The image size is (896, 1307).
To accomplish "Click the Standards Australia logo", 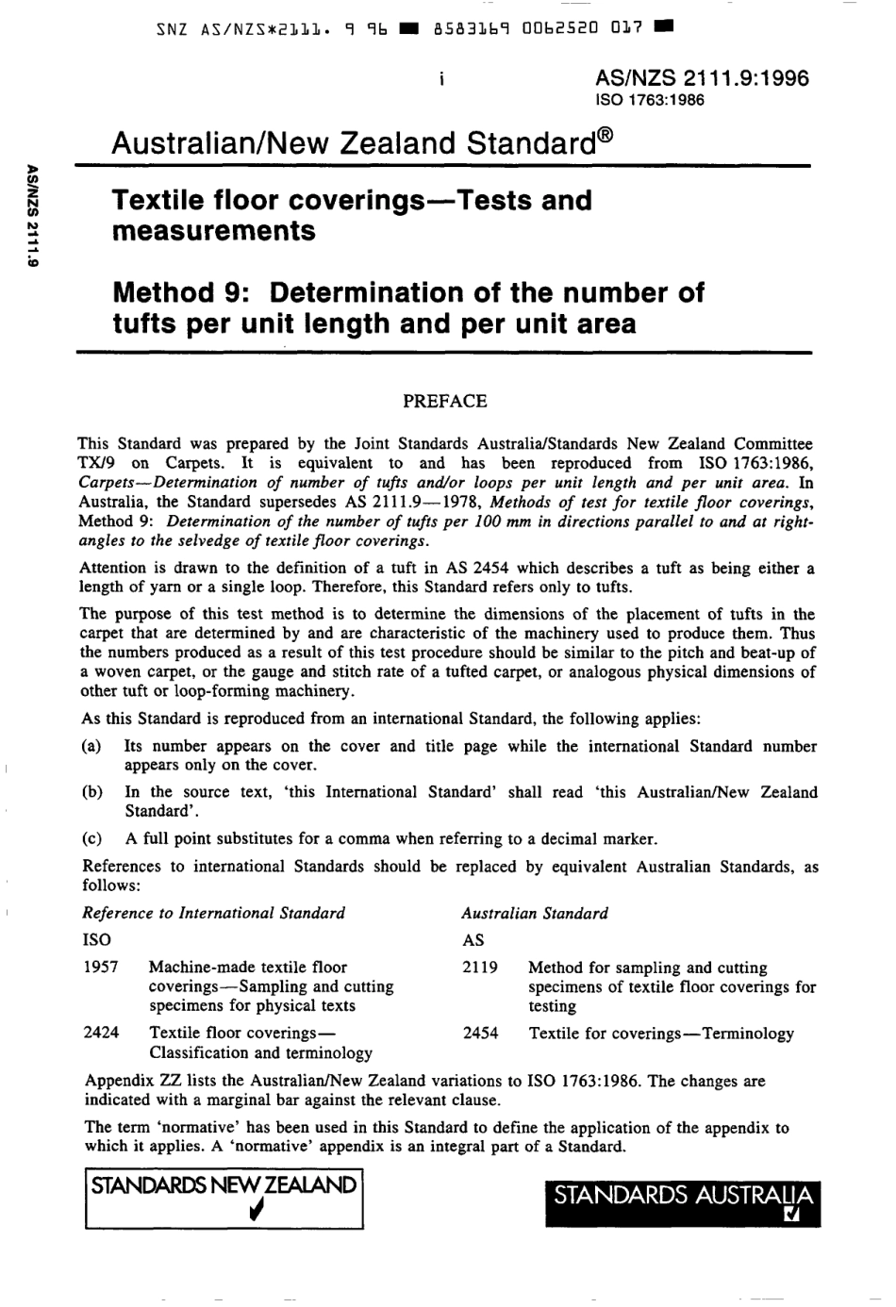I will [683, 1203].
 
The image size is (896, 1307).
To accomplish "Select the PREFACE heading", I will [444, 401].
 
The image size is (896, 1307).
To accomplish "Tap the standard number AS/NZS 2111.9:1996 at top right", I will [702, 78].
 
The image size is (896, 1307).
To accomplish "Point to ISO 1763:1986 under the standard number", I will [650, 100].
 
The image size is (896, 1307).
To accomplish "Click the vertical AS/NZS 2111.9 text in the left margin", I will [33, 217].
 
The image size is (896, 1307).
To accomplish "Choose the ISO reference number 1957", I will [100, 968].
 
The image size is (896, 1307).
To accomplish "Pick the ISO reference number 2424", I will [101, 1033].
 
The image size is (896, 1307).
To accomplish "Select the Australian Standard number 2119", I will [480, 968].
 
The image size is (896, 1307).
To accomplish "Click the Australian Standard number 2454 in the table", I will [480, 1034].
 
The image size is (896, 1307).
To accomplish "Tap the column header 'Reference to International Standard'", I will [213, 913].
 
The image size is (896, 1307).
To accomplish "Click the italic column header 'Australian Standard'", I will [534, 913].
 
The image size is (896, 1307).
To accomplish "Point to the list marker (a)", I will [91, 747].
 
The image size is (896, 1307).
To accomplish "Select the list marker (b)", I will [92, 792].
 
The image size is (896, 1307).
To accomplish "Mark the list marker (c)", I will [91, 838].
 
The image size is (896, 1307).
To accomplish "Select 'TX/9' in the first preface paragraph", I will [96, 463].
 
